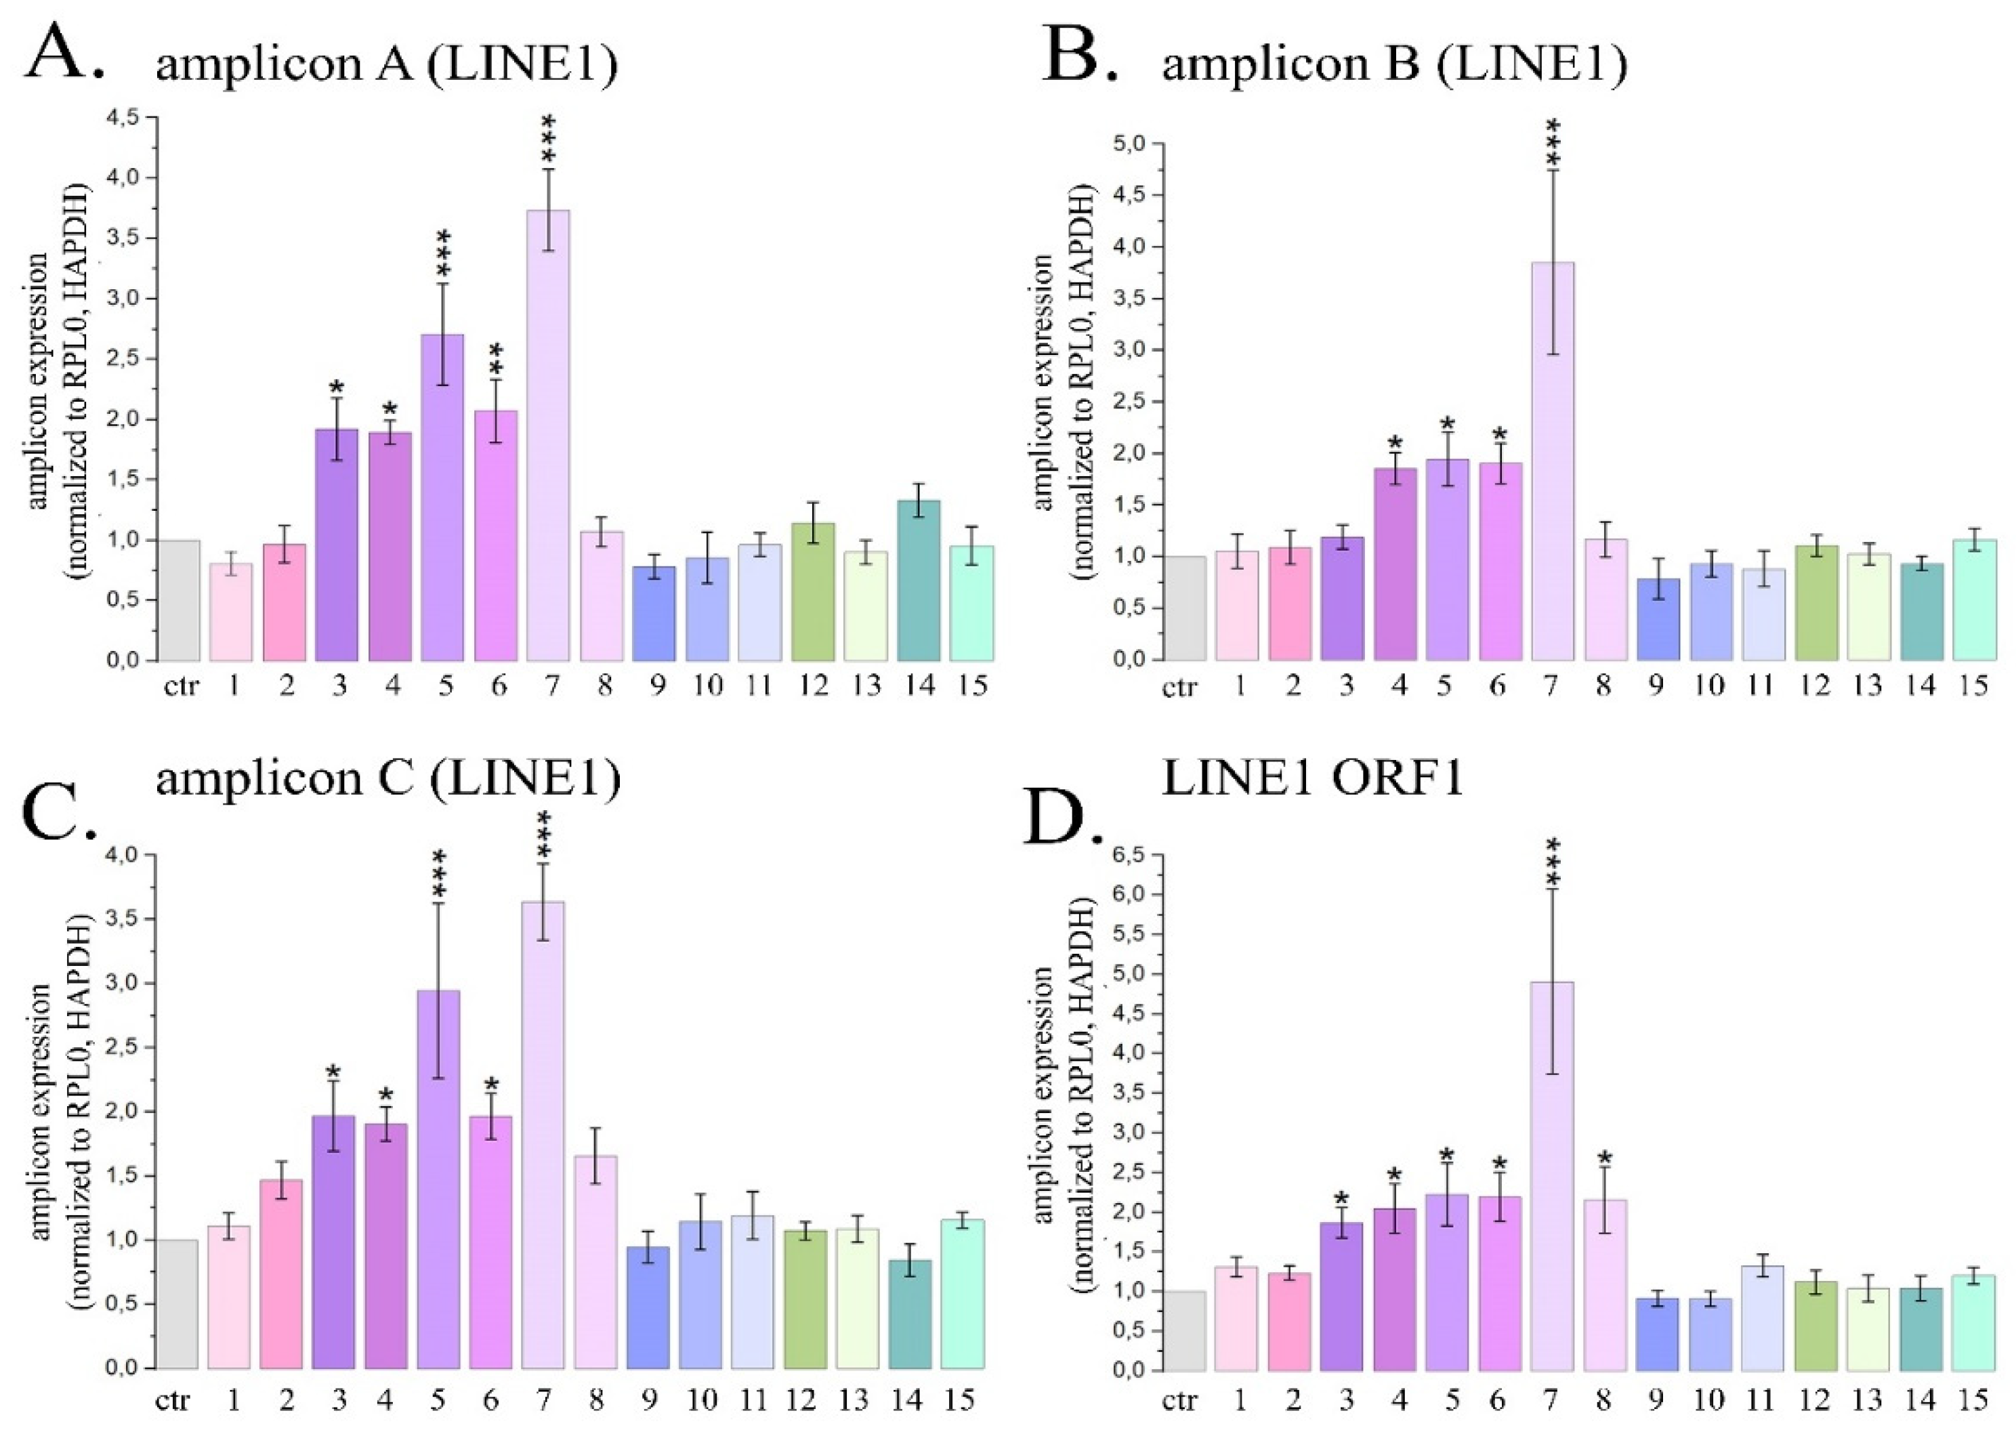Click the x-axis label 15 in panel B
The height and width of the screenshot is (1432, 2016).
[x=1975, y=685]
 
